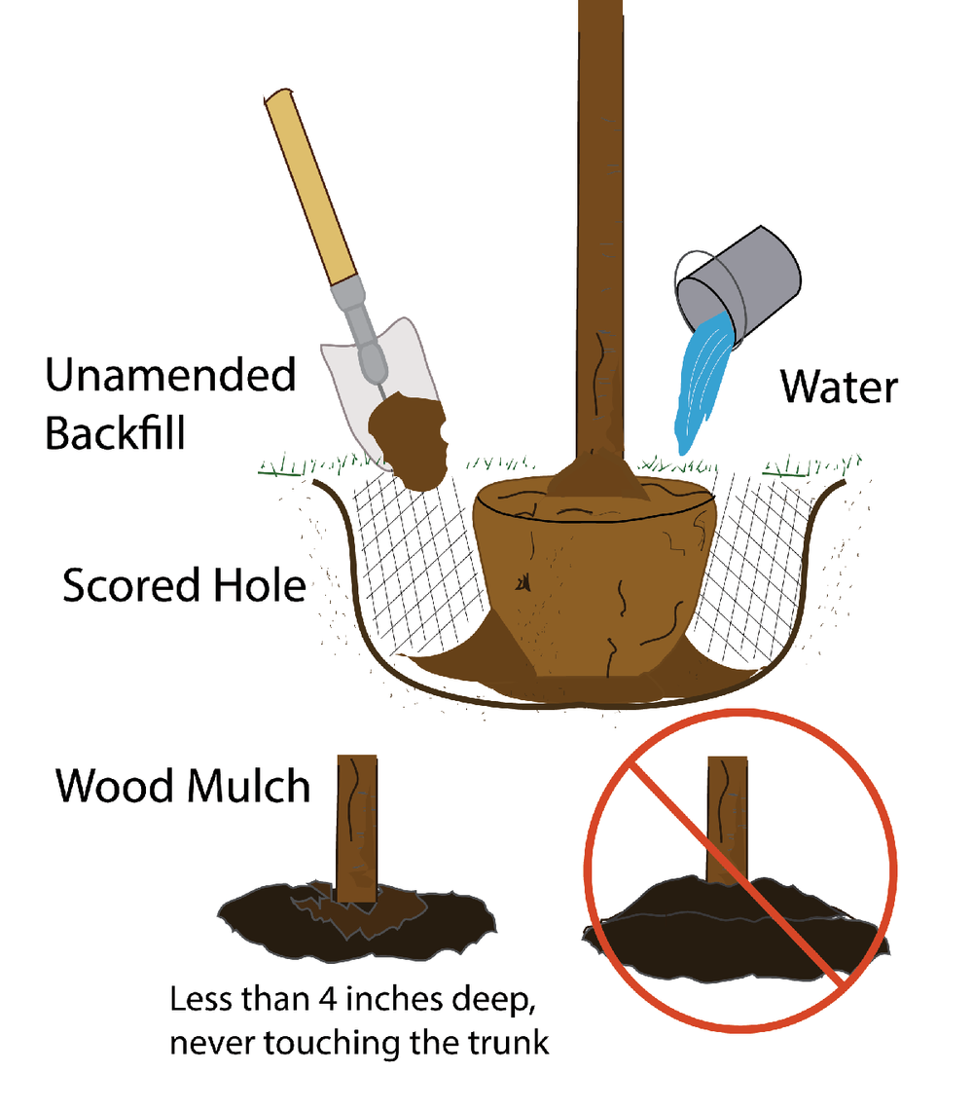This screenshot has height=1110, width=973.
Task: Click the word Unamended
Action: (x=170, y=375)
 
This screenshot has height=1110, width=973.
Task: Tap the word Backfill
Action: (x=115, y=433)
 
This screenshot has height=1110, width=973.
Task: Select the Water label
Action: (x=838, y=388)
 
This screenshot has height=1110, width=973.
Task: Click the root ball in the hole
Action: (x=594, y=584)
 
